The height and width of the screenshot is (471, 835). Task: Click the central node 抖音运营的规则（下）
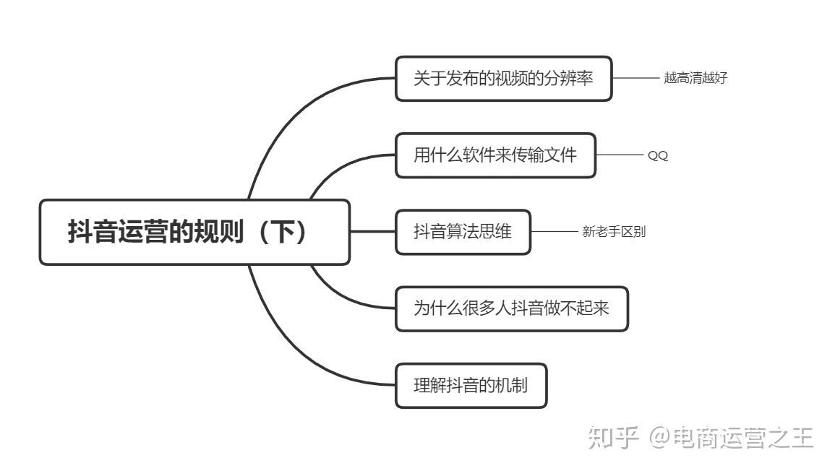194,232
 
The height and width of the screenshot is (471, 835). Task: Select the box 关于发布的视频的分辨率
503,79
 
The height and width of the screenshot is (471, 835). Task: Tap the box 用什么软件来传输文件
495,155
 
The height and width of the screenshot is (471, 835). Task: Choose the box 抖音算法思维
463,232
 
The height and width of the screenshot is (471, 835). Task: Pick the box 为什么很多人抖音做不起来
511,308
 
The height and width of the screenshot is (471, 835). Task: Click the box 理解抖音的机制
471,386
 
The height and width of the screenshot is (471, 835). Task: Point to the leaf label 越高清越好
695,79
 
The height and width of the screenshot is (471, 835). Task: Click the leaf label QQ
657,155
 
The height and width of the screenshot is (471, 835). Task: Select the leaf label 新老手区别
614,232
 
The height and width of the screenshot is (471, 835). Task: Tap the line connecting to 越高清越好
635,78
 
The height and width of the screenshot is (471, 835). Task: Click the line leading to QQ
619,155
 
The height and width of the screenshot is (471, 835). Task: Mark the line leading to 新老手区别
554,232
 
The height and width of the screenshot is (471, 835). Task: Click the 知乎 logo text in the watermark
614,438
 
